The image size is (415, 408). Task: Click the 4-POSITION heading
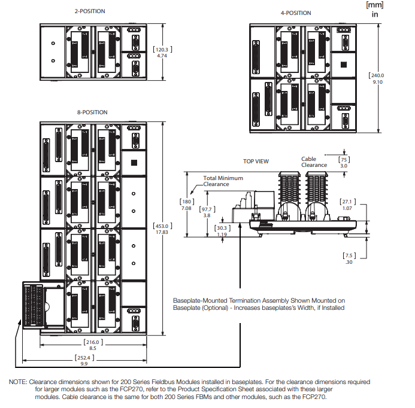tap(296, 13)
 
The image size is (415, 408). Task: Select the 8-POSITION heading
tap(92, 112)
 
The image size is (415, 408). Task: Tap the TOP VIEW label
tap(256, 162)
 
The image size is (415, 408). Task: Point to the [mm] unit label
tap(374, 5)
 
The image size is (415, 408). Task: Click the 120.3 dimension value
tap(161, 50)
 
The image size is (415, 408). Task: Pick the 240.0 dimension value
tap(377, 75)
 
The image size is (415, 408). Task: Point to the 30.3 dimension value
tap(222, 228)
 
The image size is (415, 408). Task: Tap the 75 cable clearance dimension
tap(344, 160)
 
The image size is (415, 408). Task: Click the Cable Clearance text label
tap(314, 162)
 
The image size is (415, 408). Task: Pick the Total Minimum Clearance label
tap(223, 181)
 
